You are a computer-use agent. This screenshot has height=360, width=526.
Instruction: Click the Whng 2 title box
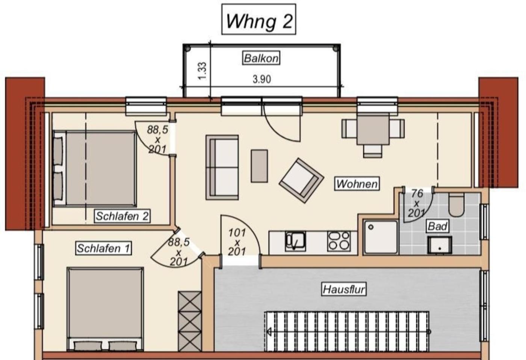pyautogui.click(x=258, y=19)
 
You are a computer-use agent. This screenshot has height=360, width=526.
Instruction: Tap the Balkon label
pyautogui.click(x=261, y=58)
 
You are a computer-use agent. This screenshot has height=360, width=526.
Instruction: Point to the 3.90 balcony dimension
pyautogui.click(x=262, y=79)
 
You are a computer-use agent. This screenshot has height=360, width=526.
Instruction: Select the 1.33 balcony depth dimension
pyautogui.click(x=203, y=71)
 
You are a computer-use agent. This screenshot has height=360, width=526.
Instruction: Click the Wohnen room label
pyautogui.click(x=357, y=184)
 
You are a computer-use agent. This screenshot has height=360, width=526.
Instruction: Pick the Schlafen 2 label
pyautogui.click(x=122, y=216)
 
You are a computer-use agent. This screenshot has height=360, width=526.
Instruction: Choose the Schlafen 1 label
pyautogui.click(x=104, y=248)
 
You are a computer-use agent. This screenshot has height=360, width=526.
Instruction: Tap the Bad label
pyautogui.click(x=437, y=226)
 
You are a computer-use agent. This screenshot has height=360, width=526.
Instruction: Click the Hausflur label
pyautogui.click(x=344, y=289)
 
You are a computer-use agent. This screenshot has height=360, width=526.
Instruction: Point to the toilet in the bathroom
pyautogui.click(x=456, y=205)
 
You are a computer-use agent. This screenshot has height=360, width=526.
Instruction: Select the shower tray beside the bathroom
pyautogui.click(x=381, y=237)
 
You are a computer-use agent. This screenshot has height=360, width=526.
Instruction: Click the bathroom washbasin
pyautogui.click(x=440, y=245)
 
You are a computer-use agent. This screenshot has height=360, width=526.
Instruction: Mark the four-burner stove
pyautogui.click(x=339, y=241)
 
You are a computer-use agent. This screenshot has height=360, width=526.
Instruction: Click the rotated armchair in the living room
pyautogui.click(x=301, y=180)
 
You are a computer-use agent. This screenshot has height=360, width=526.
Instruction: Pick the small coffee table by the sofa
pyautogui.click(x=259, y=166)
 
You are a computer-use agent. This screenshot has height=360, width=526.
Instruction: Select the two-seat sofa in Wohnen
pyautogui.click(x=222, y=167)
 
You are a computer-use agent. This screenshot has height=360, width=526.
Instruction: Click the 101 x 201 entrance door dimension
pyautogui.click(x=237, y=242)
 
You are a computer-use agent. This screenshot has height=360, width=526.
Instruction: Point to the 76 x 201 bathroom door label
pyautogui.click(x=417, y=203)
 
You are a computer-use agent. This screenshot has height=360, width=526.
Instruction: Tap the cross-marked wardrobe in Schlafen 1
pyautogui.click(x=190, y=321)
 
